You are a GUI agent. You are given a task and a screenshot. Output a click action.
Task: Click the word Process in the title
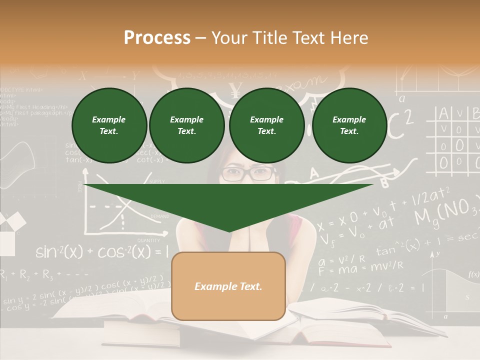click(x=157, y=38)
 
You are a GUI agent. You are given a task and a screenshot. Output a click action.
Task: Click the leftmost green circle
click(x=109, y=125)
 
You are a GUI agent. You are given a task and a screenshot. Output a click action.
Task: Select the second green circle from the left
click(x=186, y=125)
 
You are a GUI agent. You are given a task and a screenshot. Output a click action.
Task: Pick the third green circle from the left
click(x=266, y=125)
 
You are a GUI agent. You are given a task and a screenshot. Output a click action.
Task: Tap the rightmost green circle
click(x=349, y=125)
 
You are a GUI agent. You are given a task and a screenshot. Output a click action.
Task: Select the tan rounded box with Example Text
click(x=228, y=286)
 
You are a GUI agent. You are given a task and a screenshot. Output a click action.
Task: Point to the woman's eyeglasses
click(x=248, y=173)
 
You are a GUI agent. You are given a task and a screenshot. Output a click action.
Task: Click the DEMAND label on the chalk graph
click(x=160, y=216)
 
